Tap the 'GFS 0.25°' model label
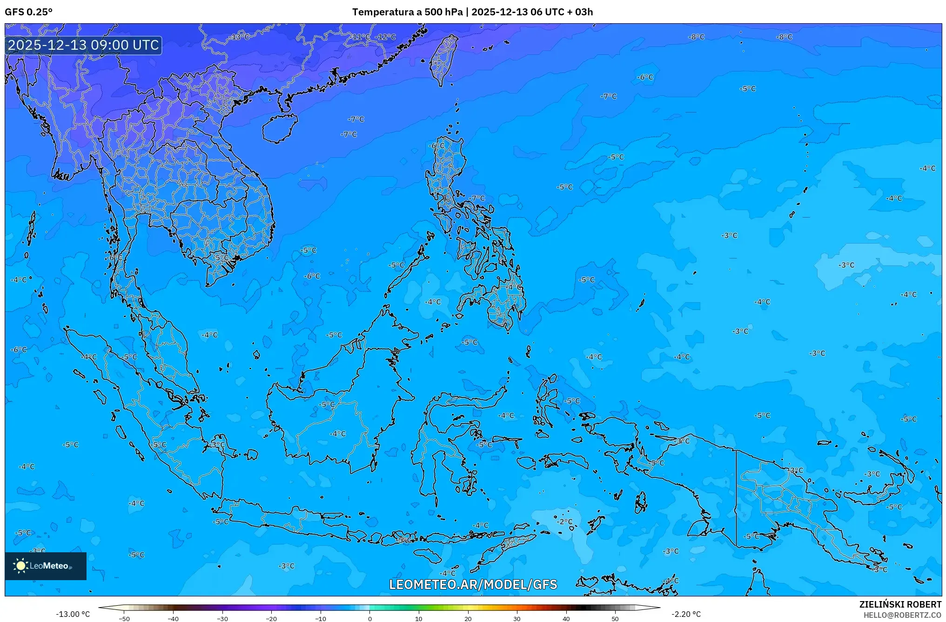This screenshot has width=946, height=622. click(x=29, y=12)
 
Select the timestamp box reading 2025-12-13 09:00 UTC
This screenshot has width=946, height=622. click(x=84, y=45)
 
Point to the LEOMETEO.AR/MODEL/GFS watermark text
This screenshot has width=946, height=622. click(x=473, y=584)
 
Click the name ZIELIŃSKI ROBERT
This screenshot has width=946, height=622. click(x=900, y=604)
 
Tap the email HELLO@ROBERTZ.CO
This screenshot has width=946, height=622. click(x=902, y=615)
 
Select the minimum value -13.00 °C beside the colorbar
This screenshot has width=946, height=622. click(x=73, y=614)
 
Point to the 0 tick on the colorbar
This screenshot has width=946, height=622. click(x=370, y=618)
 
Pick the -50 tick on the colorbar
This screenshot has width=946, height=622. click(x=124, y=618)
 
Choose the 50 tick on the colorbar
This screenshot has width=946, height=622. click(x=615, y=618)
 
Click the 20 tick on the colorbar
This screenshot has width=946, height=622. click(x=468, y=618)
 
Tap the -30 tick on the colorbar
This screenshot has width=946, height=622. click(x=222, y=618)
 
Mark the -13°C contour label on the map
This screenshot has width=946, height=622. click(x=240, y=37)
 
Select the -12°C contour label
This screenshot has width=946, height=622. click(x=386, y=37)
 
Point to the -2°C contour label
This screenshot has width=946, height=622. click(x=566, y=522)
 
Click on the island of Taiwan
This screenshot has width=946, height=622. click(x=443, y=58)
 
